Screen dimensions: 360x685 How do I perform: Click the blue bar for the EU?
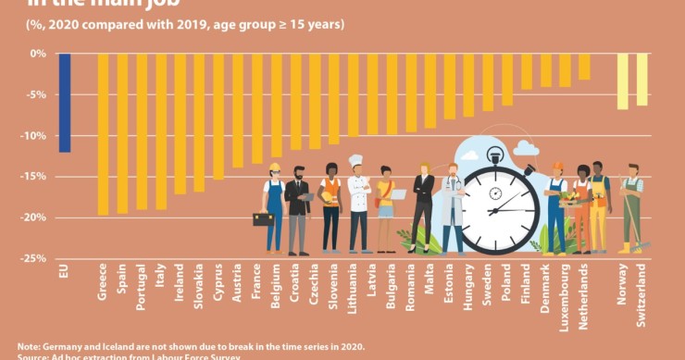click(x=64, y=102)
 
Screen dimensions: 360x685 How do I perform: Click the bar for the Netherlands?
click(x=584, y=67)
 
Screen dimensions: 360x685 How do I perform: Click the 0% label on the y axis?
click(x=37, y=54)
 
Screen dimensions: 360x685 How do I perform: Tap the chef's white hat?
click(x=356, y=162)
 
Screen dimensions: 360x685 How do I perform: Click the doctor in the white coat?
click(x=452, y=211)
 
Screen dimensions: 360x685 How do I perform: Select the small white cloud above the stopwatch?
click(x=526, y=147)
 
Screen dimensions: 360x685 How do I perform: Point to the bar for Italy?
click(x=161, y=130)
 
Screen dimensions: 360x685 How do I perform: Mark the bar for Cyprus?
click(x=218, y=116)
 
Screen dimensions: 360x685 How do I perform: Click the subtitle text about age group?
click(x=185, y=23)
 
